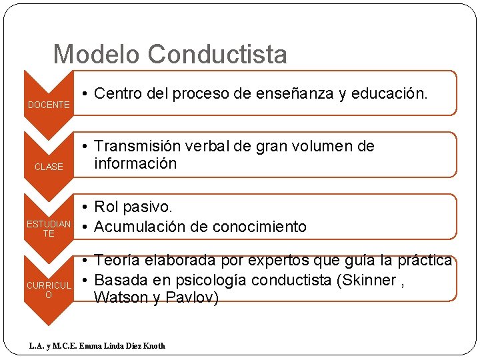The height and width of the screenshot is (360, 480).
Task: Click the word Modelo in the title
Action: tap(97, 54)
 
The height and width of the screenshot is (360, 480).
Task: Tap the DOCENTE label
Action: tap(49, 105)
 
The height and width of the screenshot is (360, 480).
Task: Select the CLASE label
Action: tap(49, 167)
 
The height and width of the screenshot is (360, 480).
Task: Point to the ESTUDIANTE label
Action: tap(49, 229)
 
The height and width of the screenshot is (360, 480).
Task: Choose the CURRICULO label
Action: tap(49, 290)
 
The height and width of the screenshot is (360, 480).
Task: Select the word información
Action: tap(135, 163)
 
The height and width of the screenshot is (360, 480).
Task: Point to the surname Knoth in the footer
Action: tap(153, 345)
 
